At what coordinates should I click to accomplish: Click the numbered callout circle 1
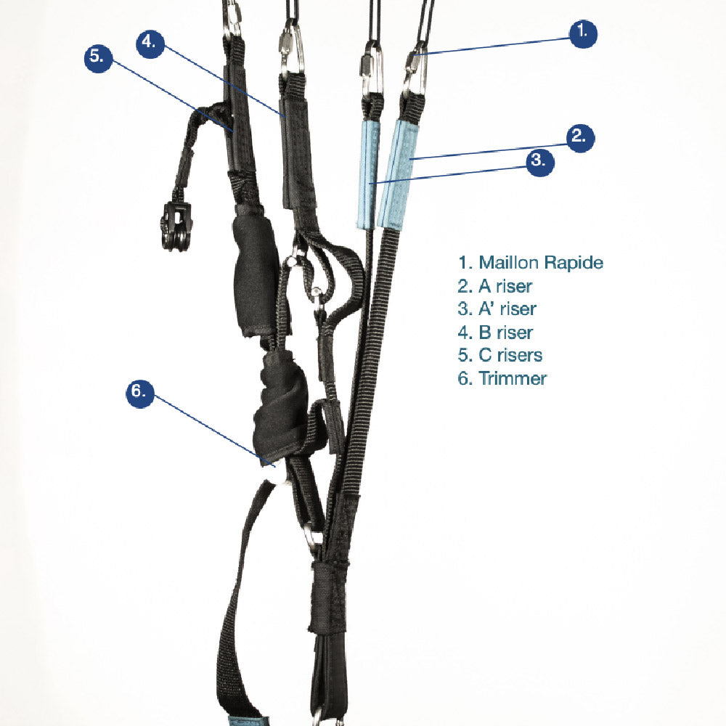[x=582, y=34]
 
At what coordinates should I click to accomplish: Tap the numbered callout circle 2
[x=579, y=138]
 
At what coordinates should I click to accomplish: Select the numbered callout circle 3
[x=540, y=162]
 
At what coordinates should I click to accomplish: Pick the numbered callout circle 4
[x=150, y=44]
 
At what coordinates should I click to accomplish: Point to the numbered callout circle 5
[x=98, y=58]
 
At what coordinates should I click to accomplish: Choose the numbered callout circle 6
[x=140, y=393]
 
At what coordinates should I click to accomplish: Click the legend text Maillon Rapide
[x=541, y=263]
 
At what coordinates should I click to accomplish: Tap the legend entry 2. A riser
[x=495, y=286]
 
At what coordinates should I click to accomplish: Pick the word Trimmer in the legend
[x=513, y=378]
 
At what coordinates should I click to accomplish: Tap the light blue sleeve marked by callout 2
[x=399, y=174]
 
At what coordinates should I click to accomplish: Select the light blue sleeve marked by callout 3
[x=368, y=175]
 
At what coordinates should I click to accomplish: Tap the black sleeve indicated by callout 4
[x=298, y=152]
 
